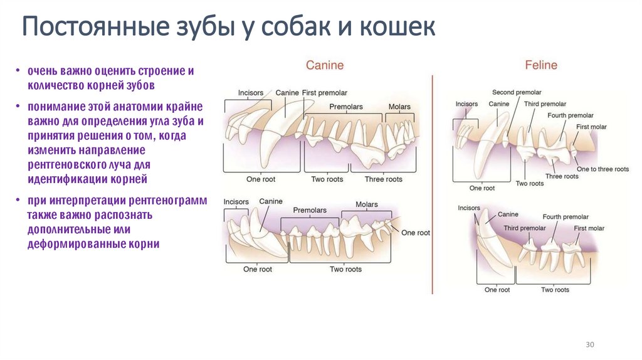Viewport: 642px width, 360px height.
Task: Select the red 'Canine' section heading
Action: [x=324, y=65]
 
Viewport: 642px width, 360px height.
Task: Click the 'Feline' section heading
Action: [x=541, y=65]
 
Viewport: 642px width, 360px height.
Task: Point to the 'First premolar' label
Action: [x=324, y=93]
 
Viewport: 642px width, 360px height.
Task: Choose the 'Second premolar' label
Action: [x=517, y=92]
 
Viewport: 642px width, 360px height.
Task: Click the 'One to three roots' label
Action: [x=603, y=169]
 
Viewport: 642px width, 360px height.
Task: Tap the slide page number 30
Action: [x=589, y=345]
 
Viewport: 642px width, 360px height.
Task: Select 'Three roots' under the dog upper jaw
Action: [x=383, y=179]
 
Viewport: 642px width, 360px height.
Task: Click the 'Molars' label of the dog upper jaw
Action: [x=399, y=107]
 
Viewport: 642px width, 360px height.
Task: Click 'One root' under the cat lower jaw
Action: [x=498, y=290]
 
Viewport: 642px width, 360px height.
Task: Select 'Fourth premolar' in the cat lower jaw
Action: [x=566, y=217]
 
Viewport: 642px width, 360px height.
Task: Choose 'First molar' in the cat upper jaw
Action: [x=591, y=127]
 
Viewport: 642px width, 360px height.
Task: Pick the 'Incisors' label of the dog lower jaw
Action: [x=236, y=202]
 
